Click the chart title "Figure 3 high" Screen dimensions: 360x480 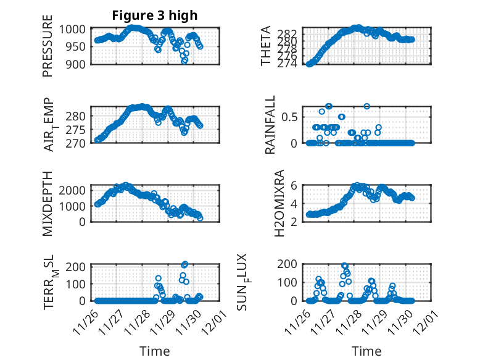(154, 15)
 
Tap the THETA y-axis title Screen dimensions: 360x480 (266, 46)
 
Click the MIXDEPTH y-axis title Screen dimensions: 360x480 (48, 203)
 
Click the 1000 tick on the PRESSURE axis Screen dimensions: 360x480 (75, 29)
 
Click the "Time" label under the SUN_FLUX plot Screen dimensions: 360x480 (366, 351)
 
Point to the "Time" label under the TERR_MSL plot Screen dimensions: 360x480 (154, 351)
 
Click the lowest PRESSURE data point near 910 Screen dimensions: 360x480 (184, 60)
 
